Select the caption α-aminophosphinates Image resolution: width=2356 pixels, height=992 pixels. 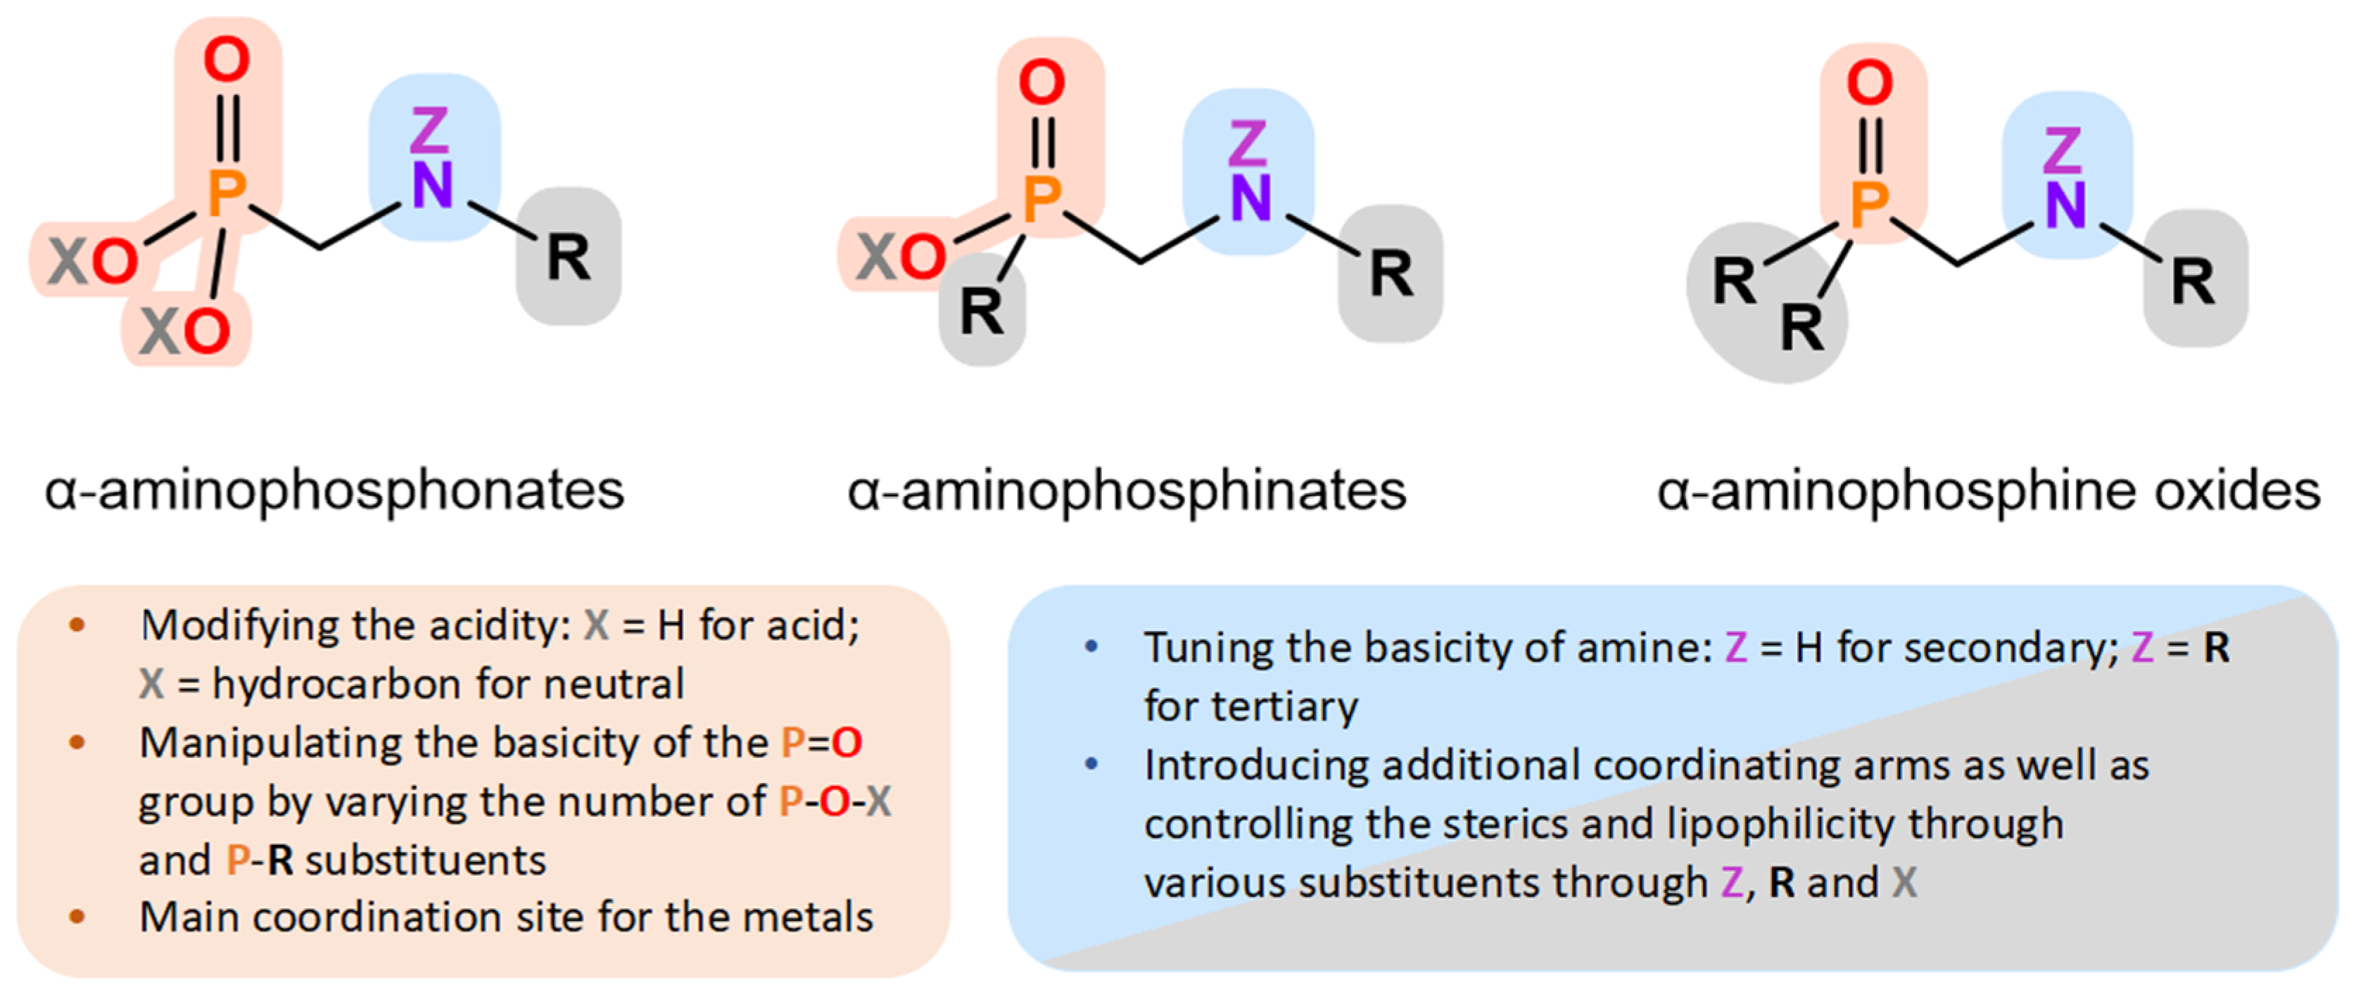click(x=1127, y=491)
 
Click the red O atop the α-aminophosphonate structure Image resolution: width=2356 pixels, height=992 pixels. click(x=226, y=61)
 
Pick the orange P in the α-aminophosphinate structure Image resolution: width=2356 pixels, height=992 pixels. click(x=1041, y=199)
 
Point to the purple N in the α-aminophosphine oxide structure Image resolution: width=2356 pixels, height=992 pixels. click(x=2065, y=205)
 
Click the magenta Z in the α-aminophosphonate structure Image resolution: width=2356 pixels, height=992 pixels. click(x=429, y=130)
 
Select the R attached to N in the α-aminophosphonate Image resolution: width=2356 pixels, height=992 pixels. click(x=568, y=257)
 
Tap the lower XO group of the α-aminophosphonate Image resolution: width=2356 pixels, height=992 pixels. click(x=185, y=331)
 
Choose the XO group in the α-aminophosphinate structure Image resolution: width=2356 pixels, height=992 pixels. click(x=901, y=256)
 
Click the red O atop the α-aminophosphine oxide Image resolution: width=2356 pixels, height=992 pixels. click(x=1870, y=82)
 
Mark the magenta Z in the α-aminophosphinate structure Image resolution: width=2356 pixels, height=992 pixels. click(x=1248, y=144)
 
